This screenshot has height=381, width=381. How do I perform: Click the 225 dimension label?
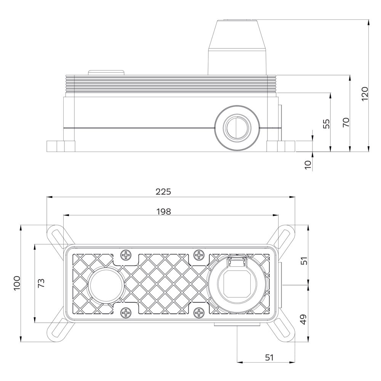click(163, 192)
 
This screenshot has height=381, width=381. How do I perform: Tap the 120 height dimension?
click(365, 94)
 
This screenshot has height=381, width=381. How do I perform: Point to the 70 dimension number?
click(346, 122)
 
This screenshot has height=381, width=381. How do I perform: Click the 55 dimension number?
click(326, 124)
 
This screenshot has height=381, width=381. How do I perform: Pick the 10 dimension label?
click(308, 164)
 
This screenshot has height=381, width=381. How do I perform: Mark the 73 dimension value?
click(41, 283)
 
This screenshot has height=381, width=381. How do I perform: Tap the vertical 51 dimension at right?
click(304, 261)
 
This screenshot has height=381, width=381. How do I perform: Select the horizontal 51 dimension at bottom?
click(269, 357)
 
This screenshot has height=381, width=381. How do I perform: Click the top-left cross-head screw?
click(125, 255)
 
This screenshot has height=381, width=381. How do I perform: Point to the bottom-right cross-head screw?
click(199, 313)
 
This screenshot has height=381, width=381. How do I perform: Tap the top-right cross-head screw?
click(199, 255)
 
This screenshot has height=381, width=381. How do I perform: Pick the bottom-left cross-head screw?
click(125, 313)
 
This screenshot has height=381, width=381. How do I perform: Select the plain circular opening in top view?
click(106, 284)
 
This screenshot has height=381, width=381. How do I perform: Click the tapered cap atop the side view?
click(237, 46)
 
